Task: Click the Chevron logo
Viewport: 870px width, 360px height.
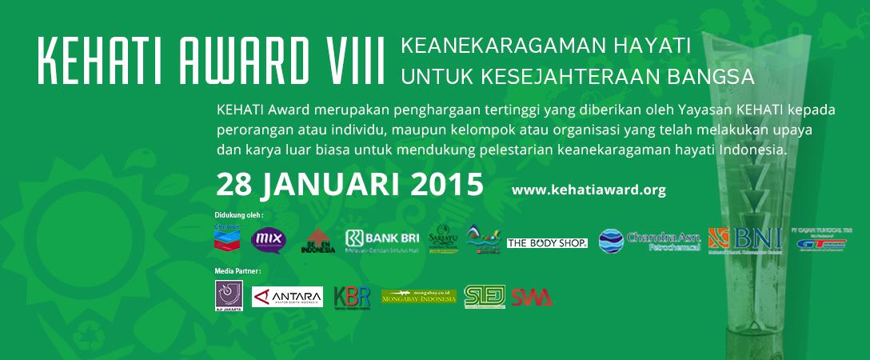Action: click(x=227, y=238)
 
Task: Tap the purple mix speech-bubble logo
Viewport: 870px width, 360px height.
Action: click(x=268, y=239)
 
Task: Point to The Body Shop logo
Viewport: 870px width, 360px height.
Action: click(x=547, y=242)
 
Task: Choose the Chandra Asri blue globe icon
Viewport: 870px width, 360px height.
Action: click(x=610, y=241)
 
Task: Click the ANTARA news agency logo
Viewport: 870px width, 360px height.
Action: click(x=287, y=297)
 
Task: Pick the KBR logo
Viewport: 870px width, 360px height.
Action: click(x=352, y=297)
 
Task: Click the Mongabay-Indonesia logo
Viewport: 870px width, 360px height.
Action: click(x=418, y=298)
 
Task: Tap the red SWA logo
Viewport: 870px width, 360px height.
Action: click(x=532, y=297)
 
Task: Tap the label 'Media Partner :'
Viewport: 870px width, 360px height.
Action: click(x=238, y=271)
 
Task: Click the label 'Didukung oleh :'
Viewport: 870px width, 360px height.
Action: click(x=239, y=215)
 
